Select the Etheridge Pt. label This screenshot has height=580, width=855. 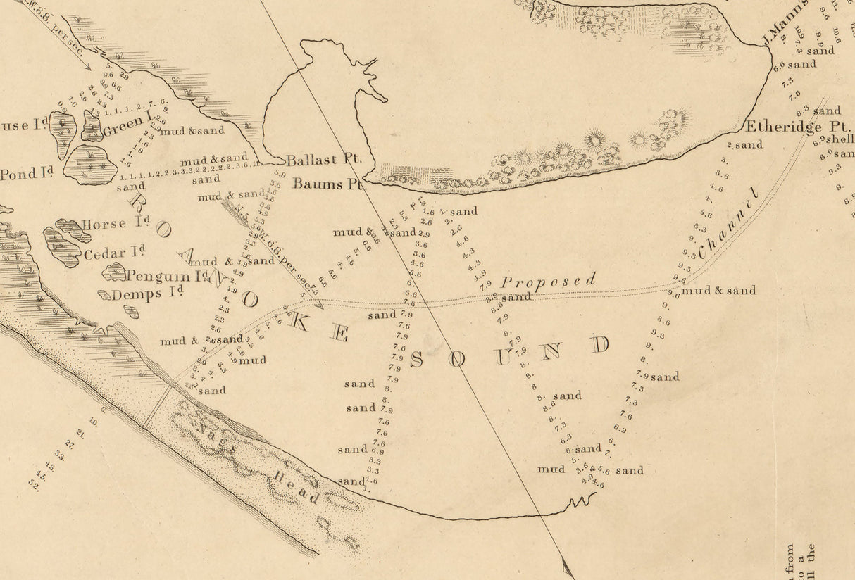[x=783, y=127]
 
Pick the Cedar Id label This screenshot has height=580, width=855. [x=114, y=253]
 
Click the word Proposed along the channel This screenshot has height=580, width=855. [x=548, y=280]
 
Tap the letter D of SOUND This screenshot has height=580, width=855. [x=600, y=345]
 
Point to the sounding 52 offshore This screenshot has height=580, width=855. [x=35, y=486]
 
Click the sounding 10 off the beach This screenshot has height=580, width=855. [x=93, y=423]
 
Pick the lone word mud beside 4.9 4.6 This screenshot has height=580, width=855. [x=551, y=469]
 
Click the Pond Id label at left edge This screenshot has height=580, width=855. [x=24, y=175]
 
